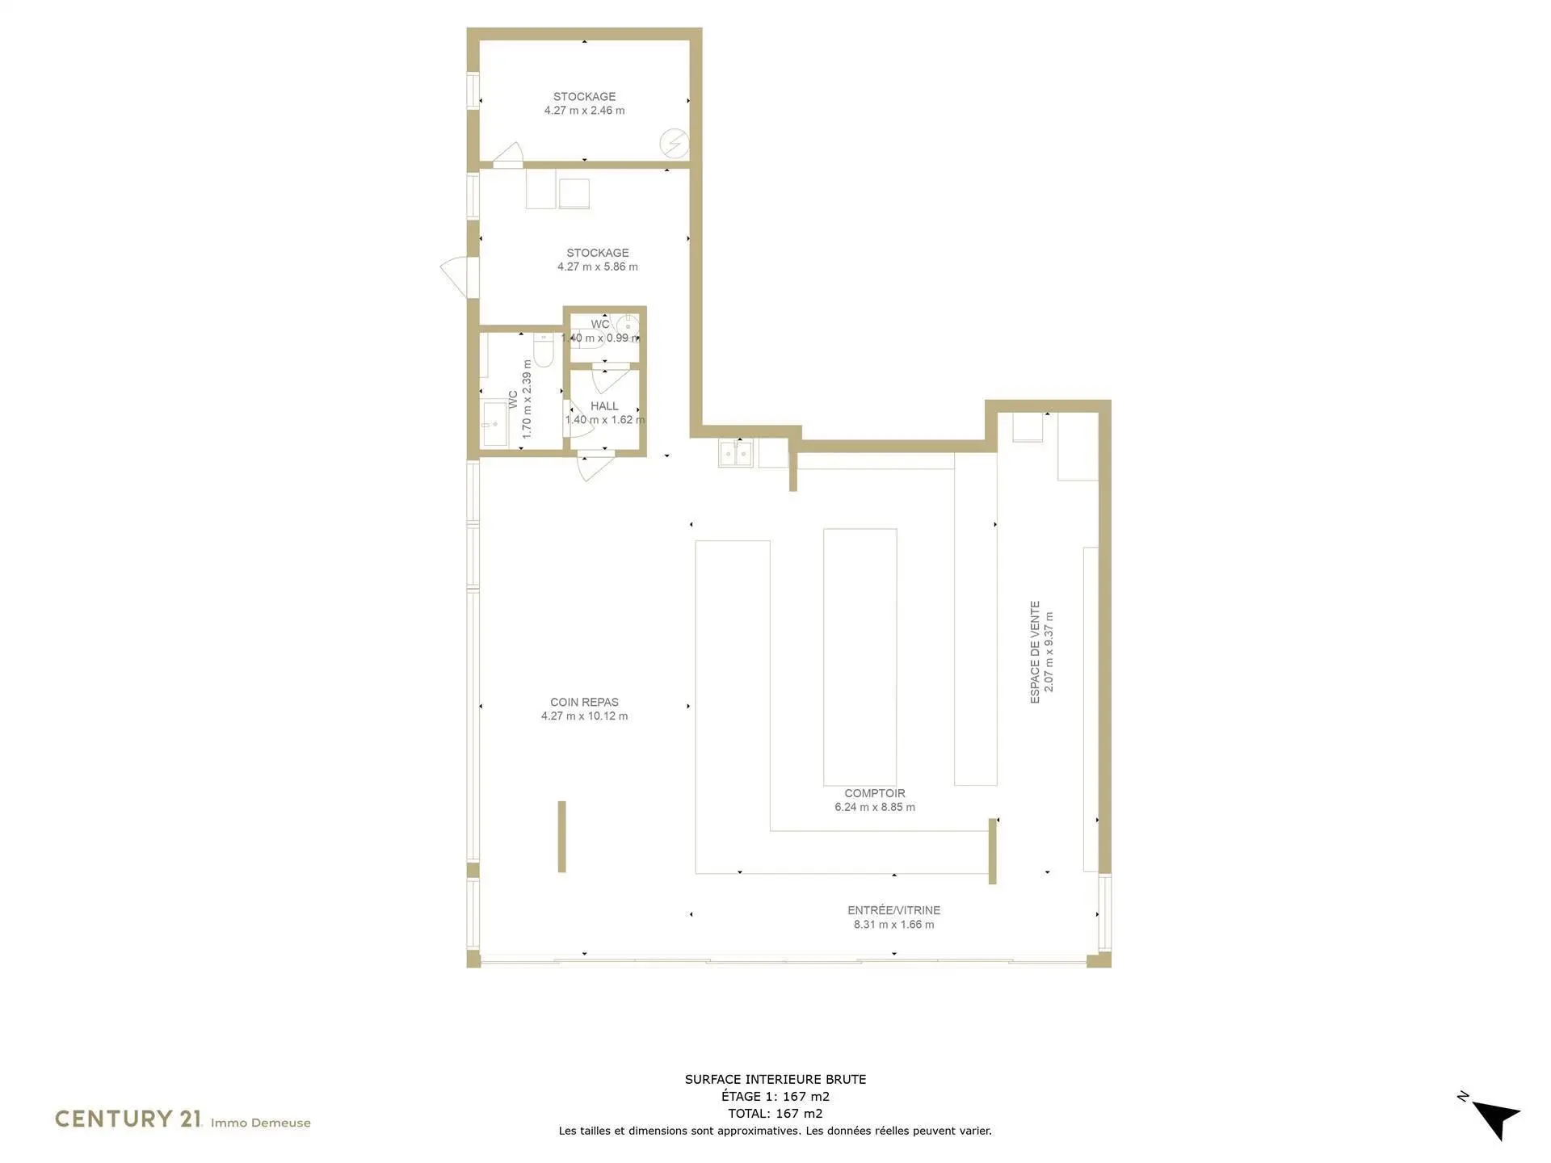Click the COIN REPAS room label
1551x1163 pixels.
(x=584, y=702)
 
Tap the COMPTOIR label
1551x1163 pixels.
(x=875, y=793)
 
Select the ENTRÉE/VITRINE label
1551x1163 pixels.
(x=894, y=910)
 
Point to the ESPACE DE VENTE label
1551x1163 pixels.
(x=1035, y=652)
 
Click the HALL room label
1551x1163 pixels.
(x=604, y=406)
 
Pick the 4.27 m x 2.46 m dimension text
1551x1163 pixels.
(x=584, y=111)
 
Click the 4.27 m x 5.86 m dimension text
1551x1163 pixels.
(x=598, y=267)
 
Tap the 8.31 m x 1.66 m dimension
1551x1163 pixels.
(x=894, y=925)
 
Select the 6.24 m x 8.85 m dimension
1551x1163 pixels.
(x=875, y=807)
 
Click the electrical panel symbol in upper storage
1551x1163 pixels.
(x=675, y=144)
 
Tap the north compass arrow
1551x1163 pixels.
(x=1496, y=1119)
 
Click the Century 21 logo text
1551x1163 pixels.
(x=128, y=1119)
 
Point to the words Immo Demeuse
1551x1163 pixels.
(x=261, y=1123)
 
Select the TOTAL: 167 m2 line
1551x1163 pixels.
(x=775, y=1113)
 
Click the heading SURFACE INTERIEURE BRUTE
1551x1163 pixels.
(x=775, y=1079)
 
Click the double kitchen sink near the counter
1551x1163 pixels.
(x=735, y=454)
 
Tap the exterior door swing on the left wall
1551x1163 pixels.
(x=454, y=275)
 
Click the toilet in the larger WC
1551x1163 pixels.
(x=544, y=349)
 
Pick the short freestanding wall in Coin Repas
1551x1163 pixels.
(x=562, y=837)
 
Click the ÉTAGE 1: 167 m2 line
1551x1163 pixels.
(x=775, y=1096)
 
